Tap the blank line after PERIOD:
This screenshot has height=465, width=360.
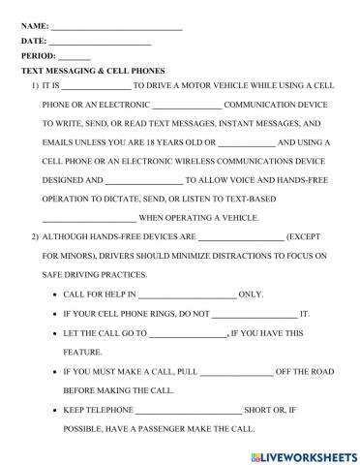[75, 58]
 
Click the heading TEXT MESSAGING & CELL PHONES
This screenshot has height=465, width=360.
[93, 72]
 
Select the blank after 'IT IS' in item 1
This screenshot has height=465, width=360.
[97, 87]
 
